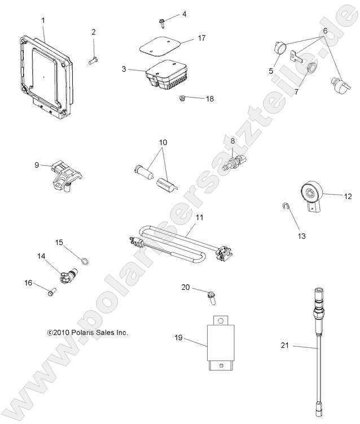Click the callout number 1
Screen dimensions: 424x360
(x=43, y=21)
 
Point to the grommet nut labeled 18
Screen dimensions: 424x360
(x=182, y=100)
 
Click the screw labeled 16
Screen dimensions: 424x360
(x=49, y=291)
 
